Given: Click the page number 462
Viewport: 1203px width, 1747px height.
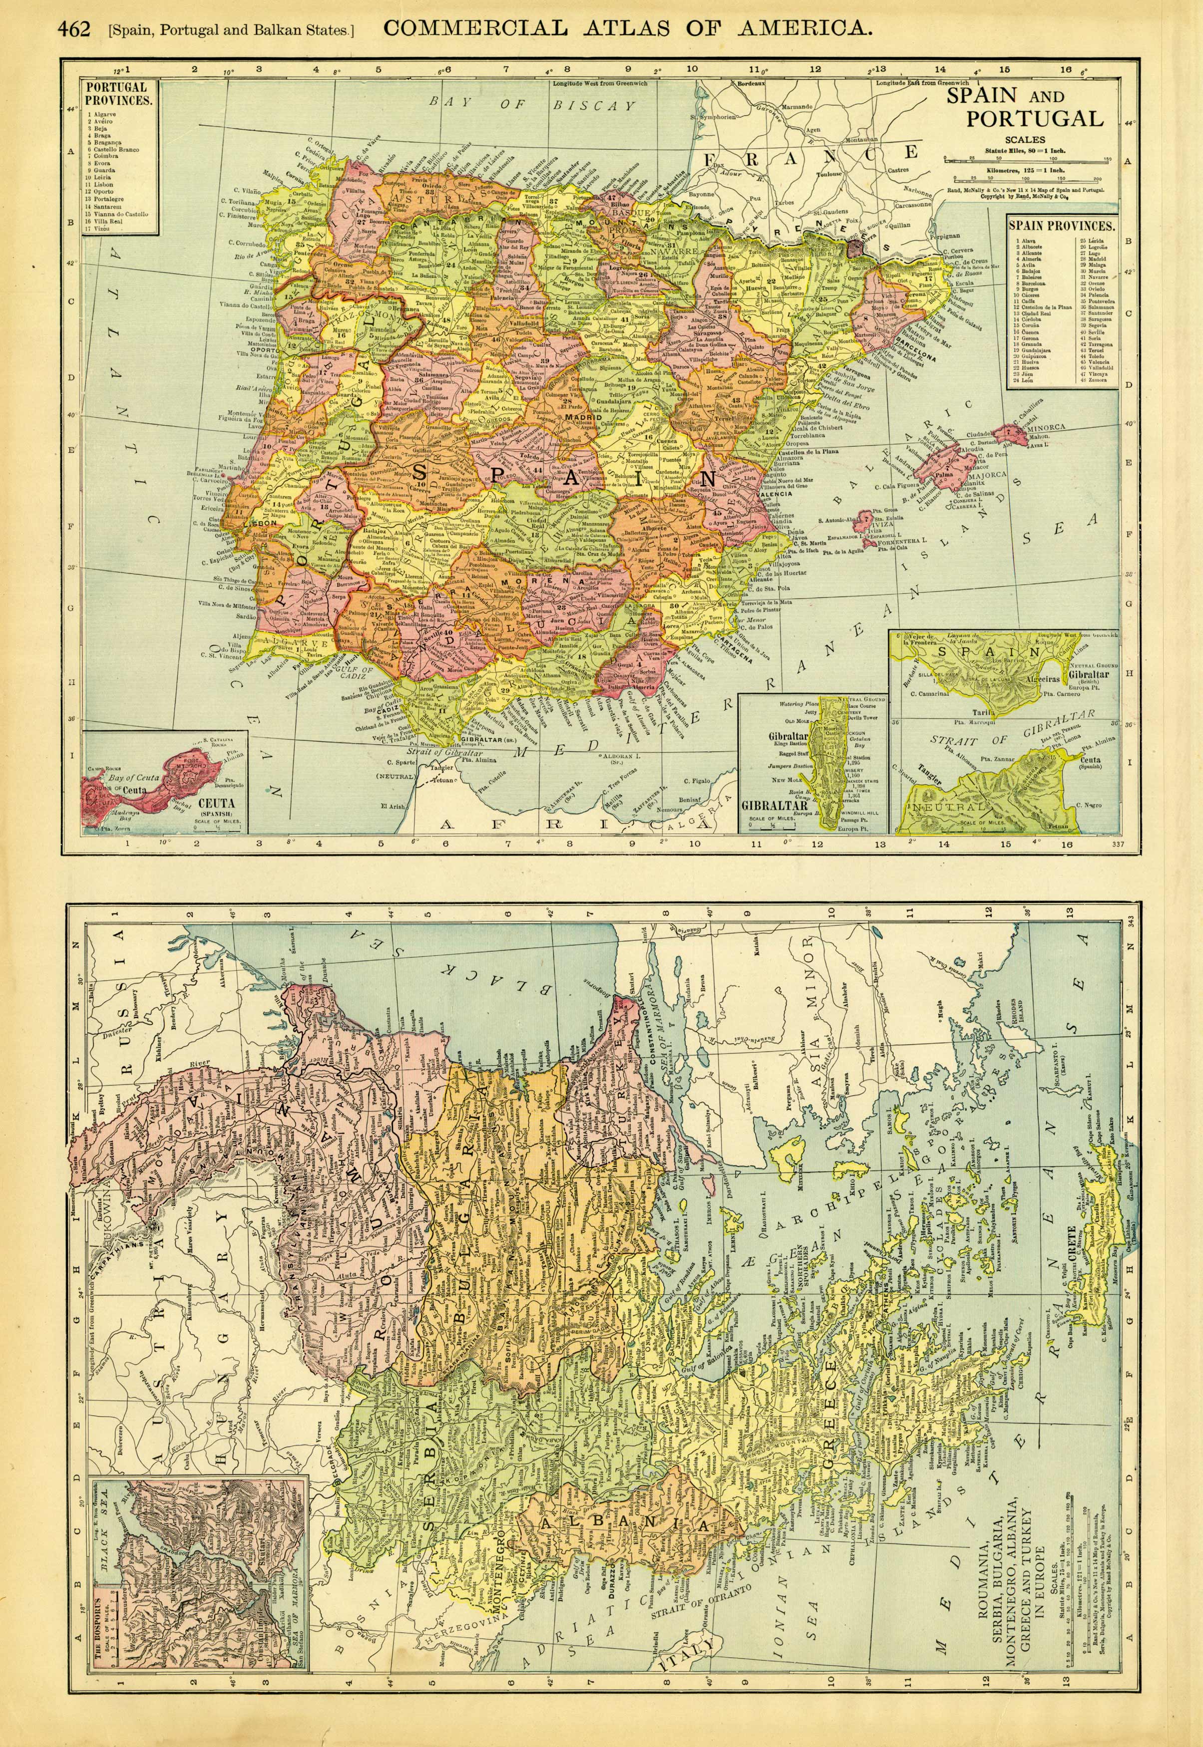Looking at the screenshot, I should [73, 28].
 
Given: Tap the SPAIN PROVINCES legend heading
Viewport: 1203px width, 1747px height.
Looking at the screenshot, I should [1062, 225].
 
